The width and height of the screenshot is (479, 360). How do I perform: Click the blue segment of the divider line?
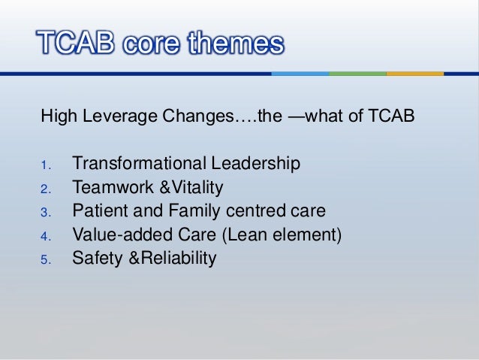(300, 74)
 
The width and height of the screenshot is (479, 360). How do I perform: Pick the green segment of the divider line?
(357, 74)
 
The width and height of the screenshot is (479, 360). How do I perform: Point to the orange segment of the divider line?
(414, 74)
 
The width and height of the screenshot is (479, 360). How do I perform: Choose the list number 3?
(46, 213)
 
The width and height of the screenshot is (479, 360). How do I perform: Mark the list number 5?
(46, 261)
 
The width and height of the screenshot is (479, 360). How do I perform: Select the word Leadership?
(253, 163)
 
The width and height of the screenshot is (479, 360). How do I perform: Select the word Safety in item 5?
(94, 259)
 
